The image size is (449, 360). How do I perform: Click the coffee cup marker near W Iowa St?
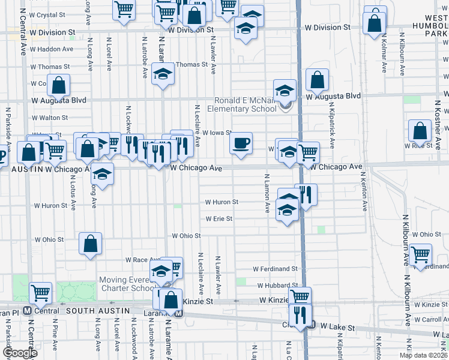241,143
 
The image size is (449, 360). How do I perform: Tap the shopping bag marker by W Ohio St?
90,244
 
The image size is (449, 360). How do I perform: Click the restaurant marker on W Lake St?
299,315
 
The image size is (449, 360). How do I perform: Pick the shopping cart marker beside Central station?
41,293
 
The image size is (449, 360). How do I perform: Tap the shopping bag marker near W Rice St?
420,131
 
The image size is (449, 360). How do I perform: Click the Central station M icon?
26,311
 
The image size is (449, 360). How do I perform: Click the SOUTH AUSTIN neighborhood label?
98,310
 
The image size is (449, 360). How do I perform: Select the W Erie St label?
218,219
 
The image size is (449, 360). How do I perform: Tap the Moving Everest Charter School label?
127,284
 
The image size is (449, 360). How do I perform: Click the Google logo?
20,353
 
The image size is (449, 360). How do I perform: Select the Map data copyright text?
423,355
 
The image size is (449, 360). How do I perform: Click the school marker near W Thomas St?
161,74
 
